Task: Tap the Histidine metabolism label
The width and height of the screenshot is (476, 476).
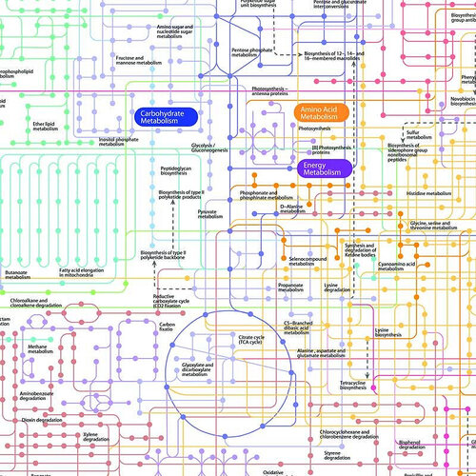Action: (427, 193)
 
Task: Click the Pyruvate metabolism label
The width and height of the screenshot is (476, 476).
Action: (209, 213)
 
